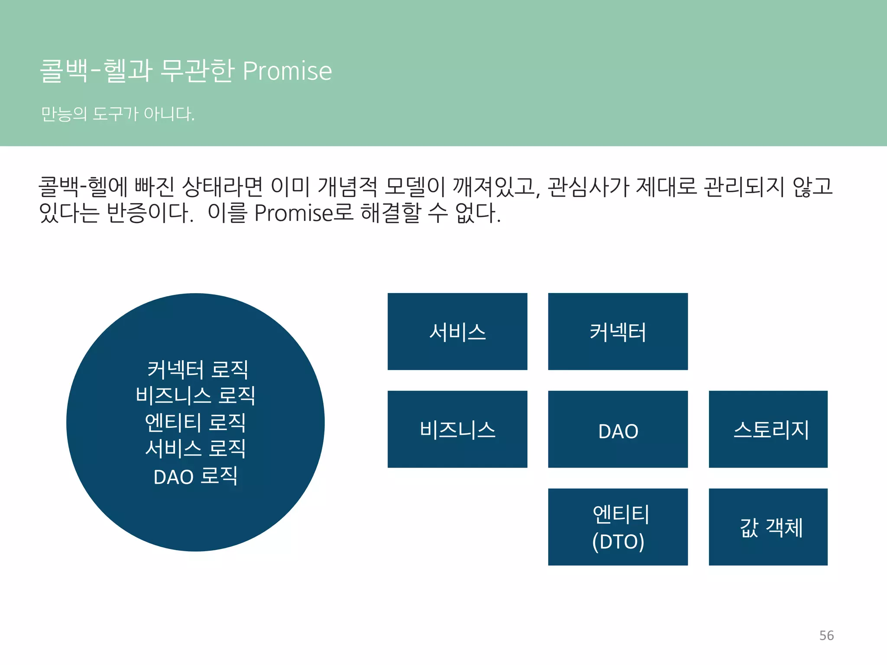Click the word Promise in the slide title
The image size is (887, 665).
click(x=287, y=71)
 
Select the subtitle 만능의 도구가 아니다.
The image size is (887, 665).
click(x=118, y=114)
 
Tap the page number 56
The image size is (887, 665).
click(x=826, y=636)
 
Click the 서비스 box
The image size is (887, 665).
click(x=457, y=332)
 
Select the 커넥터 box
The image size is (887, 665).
click(x=618, y=332)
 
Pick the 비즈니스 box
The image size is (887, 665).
click(x=457, y=429)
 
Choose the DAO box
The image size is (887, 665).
click(x=618, y=429)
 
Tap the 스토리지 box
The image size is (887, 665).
click(x=768, y=429)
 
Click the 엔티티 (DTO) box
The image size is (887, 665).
click(x=618, y=527)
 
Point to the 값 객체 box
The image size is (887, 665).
click(x=768, y=527)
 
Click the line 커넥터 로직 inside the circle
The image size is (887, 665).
click(x=197, y=370)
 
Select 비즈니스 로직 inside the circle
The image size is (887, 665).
click(x=195, y=396)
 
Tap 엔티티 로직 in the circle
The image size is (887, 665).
click(x=195, y=423)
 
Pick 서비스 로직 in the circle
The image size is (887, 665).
click(x=195, y=449)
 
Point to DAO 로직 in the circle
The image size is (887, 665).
click(x=195, y=476)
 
